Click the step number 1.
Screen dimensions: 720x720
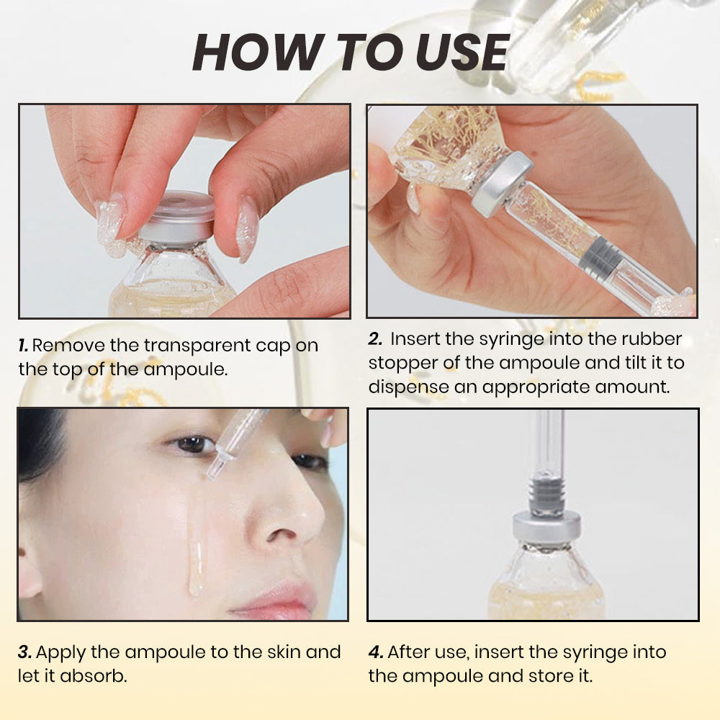tap(23, 346)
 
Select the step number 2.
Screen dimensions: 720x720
tap(374, 339)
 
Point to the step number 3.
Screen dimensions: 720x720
tap(24, 652)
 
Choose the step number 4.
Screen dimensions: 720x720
tap(375, 652)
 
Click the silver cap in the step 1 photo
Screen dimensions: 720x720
tap(177, 217)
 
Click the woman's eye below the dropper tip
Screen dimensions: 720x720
tap(192, 444)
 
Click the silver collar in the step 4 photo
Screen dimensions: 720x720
tap(547, 529)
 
